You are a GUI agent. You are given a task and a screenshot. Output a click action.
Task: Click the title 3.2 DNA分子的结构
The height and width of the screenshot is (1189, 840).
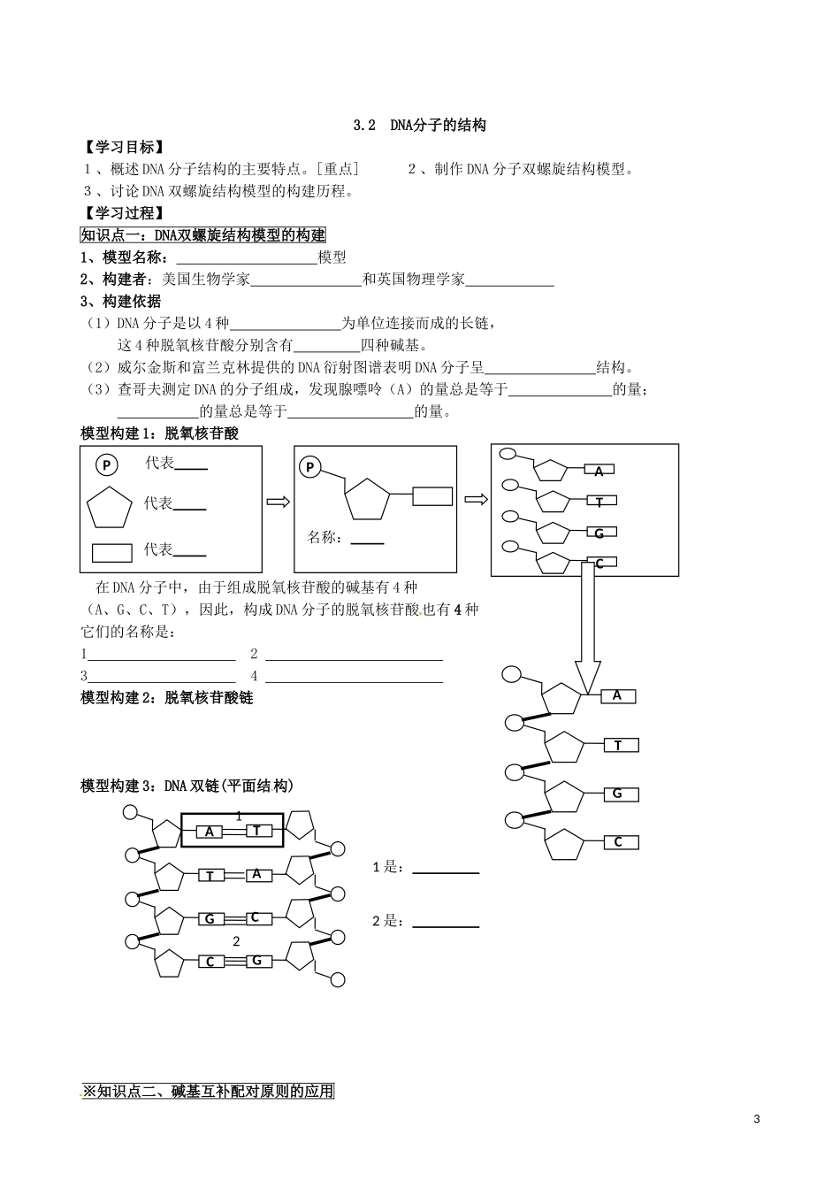click(x=419, y=126)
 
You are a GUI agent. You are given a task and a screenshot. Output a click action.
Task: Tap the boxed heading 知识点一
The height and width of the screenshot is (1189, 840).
click(x=203, y=235)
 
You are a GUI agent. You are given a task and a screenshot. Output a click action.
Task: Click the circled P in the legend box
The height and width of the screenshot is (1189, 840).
click(x=106, y=466)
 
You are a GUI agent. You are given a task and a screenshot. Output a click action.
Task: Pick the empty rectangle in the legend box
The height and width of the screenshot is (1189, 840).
click(x=111, y=553)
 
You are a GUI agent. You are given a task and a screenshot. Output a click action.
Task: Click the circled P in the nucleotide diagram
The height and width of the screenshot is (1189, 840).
click(x=309, y=468)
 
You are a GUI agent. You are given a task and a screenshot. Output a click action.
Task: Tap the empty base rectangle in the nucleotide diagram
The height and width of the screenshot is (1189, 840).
click(x=432, y=495)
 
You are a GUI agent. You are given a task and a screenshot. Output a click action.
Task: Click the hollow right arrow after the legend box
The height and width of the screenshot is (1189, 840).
click(x=279, y=502)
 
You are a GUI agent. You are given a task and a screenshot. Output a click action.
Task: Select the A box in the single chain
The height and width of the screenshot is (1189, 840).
click(x=617, y=696)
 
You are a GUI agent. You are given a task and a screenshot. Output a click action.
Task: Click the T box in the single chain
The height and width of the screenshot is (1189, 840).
click(x=618, y=746)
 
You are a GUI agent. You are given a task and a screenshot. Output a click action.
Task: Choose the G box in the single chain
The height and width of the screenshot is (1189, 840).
click(x=618, y=794)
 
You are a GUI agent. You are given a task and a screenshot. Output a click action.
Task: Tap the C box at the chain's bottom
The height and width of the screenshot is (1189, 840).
click(x=618, y=842)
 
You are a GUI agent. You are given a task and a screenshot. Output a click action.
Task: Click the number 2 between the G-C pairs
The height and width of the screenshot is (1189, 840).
click(x=236, y=940)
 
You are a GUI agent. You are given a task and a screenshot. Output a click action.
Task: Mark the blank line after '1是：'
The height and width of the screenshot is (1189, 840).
click(x=446, y=871)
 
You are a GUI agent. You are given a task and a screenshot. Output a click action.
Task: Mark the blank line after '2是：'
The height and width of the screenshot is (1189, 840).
click(x=446, y=925)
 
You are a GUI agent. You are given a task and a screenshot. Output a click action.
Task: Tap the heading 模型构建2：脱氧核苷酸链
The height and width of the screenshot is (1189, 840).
click(x=167, y=698)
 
